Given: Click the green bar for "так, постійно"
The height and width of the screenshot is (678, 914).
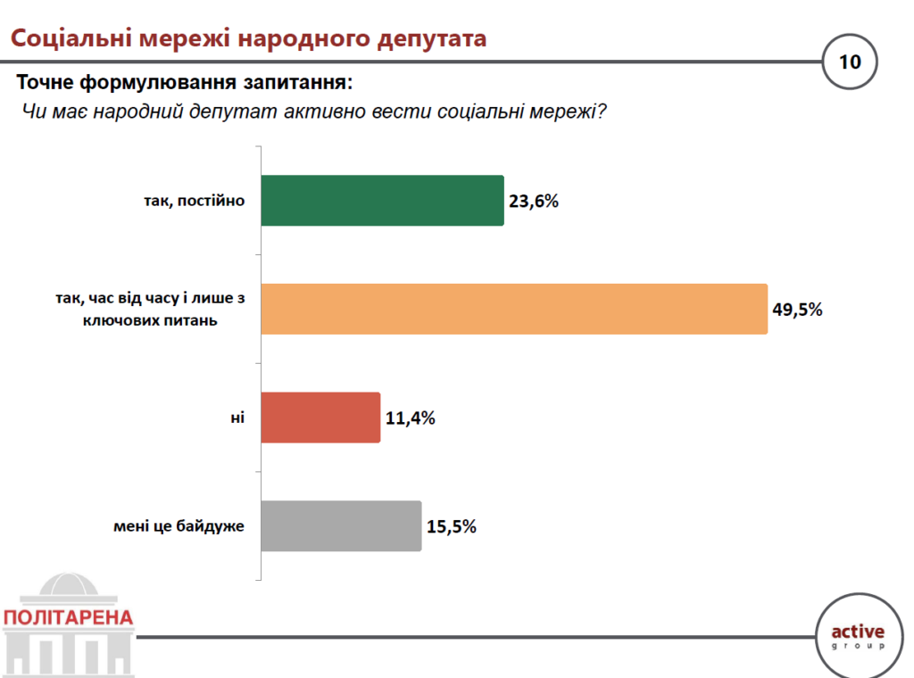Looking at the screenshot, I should pos(382,200).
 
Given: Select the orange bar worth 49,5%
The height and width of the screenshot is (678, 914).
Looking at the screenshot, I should pos(514,309).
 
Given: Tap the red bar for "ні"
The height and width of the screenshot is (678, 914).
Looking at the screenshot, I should pos(320,418).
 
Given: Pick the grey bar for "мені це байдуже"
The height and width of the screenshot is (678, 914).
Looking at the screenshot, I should pos(341,526).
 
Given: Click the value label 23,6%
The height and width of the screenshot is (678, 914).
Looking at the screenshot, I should pos(533,201).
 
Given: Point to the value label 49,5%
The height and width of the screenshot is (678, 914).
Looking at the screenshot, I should pos(796,310).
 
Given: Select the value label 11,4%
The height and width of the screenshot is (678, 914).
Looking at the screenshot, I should pos(410,418).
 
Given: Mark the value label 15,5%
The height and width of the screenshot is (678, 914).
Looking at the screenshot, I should pos(451,526).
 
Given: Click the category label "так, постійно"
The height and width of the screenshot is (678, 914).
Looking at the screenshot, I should pos(194,201).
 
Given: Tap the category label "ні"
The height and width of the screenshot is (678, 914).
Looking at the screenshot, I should pos(237,418).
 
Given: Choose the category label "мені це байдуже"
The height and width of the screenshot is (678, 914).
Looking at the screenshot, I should pos(179,526).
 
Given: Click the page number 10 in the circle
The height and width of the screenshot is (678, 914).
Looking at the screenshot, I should pos(849,62).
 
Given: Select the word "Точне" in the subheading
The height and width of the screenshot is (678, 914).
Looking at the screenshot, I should pos(46,84).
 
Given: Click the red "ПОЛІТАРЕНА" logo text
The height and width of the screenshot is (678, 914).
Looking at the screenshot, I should pos(68,617).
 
